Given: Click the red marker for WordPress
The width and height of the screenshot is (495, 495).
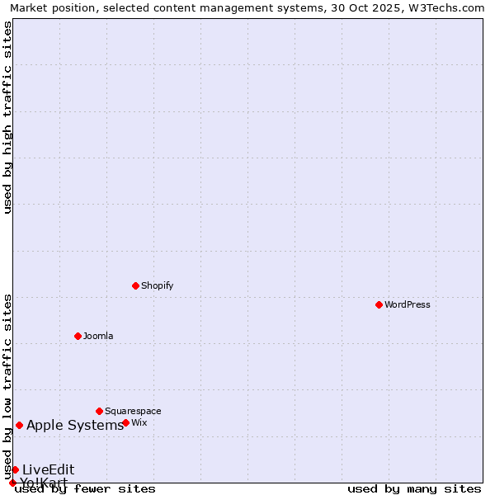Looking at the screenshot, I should coord(379,304).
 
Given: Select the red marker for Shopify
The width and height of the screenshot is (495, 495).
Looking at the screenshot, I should coord(135,285).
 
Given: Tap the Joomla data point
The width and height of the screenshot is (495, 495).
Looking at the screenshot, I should coord(78,336).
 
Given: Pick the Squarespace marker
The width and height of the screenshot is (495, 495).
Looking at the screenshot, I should coord(99,411).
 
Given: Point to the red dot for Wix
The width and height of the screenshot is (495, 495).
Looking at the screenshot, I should coord(125,422).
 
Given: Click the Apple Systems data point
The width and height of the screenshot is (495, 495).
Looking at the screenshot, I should coord(19,425).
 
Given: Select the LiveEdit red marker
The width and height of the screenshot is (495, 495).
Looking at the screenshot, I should coord(15,469).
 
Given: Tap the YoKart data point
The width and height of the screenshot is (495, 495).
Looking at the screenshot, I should coord(12,483).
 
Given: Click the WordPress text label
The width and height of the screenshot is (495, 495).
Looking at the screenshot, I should coord(408,304).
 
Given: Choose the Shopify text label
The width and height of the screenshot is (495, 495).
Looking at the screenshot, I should coord(157,285).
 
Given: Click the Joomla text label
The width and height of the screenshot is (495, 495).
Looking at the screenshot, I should coord(98,336).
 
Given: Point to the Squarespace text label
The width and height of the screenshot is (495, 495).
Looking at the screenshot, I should coord(133,411).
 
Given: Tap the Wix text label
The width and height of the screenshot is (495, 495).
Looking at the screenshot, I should coord(139,422).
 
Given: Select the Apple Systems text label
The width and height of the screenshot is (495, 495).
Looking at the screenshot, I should coord(75,426).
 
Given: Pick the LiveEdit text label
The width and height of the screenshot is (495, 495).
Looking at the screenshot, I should coord(48,469).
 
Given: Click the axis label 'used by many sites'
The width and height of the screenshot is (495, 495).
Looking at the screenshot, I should coord(414,488).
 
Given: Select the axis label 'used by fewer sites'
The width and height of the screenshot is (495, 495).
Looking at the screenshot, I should coord(86,488).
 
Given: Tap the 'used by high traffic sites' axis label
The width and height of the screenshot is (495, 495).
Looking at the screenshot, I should coord(7,117).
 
